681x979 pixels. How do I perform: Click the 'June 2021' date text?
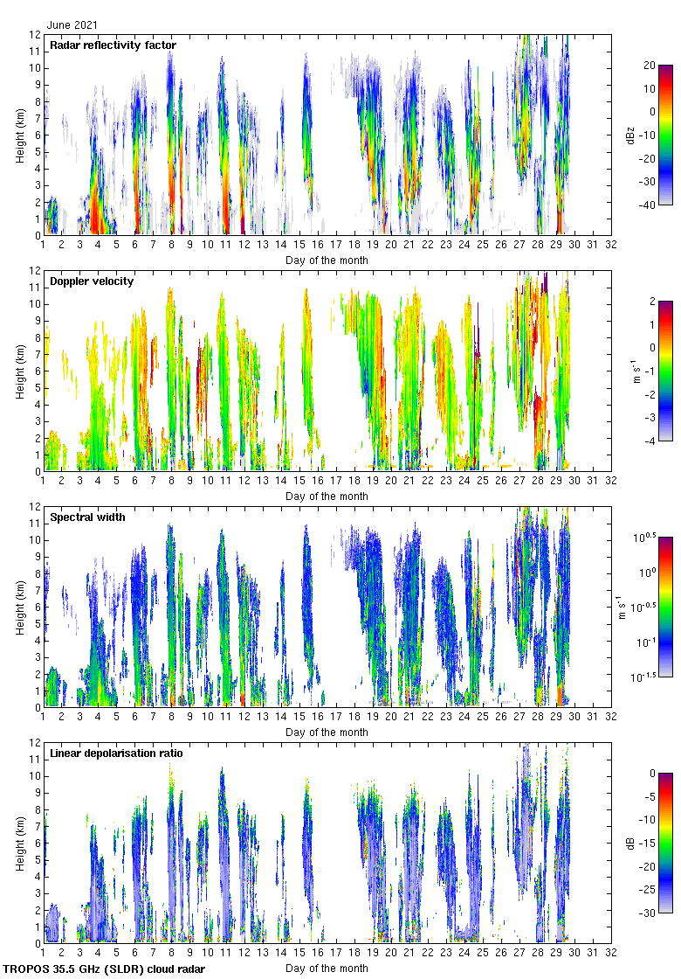[x=72, y=25]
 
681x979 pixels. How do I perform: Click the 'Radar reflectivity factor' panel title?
[x=113, y=45]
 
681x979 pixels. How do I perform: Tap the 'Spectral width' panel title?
[x=87, y=517]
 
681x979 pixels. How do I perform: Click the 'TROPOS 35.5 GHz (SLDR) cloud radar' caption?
[x=105, y=969]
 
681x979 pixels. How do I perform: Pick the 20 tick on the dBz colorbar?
[x=649, y=66]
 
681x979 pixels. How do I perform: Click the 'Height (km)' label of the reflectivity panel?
[x=20, y=135]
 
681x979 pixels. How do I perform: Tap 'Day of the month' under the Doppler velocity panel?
[x=327, y=496]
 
